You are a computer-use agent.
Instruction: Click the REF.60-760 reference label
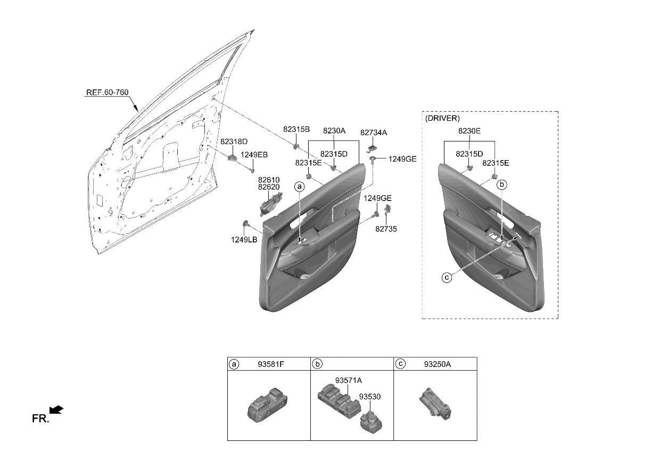(x=107, y=93)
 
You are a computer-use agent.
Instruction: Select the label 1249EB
(x=254, y=155)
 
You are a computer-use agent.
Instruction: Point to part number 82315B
(x=296, y=129)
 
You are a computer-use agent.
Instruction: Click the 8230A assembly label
(x=334, y=130)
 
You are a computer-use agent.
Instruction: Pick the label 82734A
(x=374, y=132)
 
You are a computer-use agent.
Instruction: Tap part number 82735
(x=386, y=229)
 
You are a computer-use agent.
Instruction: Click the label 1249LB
(x=244, y=240)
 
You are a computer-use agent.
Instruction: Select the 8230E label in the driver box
(x=469, y=131)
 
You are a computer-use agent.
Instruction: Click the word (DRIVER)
(x=442, y=118)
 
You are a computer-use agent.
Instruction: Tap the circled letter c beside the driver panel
(x=447, y=277)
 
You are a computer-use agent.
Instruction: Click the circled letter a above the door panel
(x=300, y=186)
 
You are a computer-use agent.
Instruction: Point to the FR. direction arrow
(x=56, y=410)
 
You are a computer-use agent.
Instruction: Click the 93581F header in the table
(x=271, y=364)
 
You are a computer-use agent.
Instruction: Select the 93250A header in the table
(x=438, y=364)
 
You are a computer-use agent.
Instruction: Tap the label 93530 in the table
(x=369, y=397)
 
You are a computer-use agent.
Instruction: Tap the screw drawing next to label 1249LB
(x=247, y=224)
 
